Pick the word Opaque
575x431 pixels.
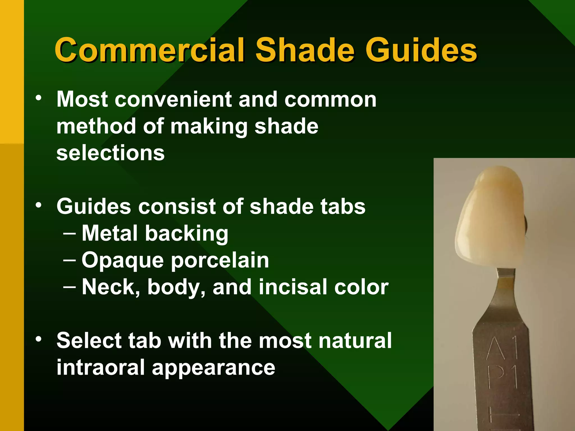tap(122, 260)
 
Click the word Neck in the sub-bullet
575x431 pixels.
tap(111, 287)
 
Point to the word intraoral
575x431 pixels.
tap(101, 367)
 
